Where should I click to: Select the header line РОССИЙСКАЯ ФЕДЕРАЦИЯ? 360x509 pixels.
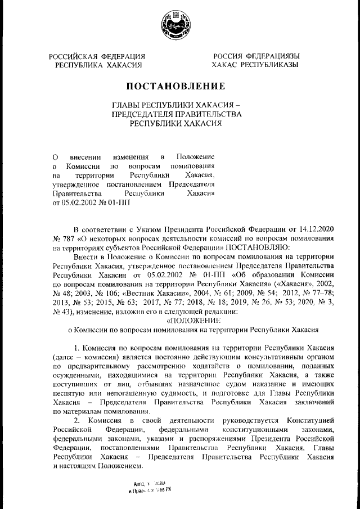click(97, 56)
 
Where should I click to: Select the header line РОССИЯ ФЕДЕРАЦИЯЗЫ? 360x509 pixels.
click(255, 56)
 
